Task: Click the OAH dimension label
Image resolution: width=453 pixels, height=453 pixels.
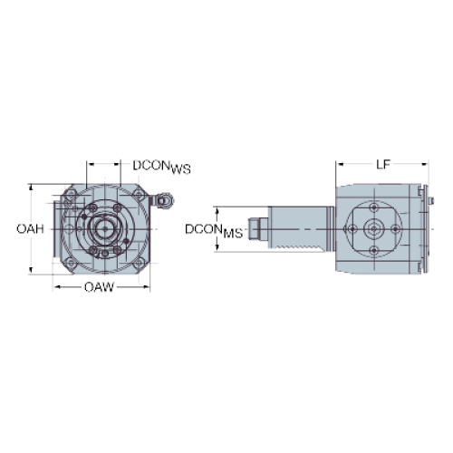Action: click(30, 229)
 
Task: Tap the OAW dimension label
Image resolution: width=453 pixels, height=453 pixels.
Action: click(100, 287)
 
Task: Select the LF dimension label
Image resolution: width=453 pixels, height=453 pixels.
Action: click(383, 165)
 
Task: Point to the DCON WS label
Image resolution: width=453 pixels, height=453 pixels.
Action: click(162, 167)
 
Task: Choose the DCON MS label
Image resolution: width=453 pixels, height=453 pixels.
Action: click(214, 231)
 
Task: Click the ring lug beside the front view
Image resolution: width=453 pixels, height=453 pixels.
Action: click(163, 199)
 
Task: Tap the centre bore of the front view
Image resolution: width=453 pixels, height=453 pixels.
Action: click(104, 229)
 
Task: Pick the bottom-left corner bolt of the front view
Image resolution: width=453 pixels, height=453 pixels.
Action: click(72, 263)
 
